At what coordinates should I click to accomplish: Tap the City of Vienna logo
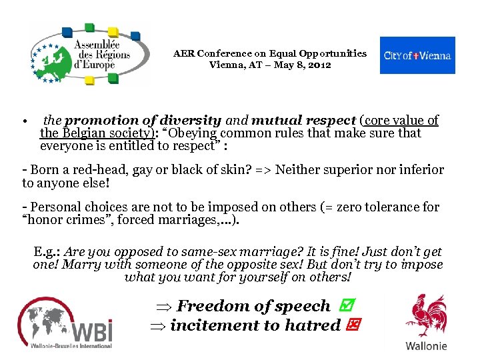[417, 55]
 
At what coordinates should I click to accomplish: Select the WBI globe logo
[65, 323]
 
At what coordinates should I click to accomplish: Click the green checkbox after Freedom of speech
[345, 306]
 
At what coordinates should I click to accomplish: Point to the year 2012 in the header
[319, 65]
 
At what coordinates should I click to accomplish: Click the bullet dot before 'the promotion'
[23, 122]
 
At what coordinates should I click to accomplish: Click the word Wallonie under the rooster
[427, 345]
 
